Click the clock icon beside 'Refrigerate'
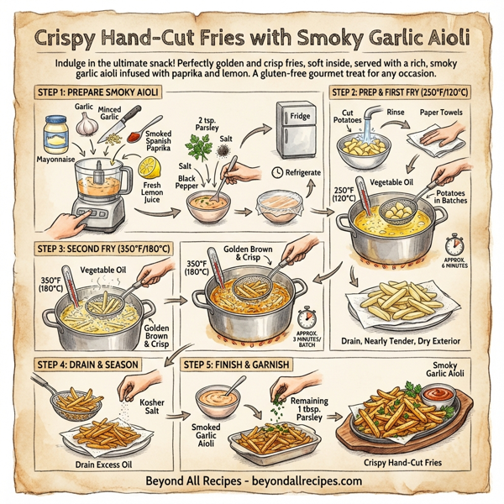(x=279, y=173)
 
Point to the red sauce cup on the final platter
(x=437, y=392)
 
